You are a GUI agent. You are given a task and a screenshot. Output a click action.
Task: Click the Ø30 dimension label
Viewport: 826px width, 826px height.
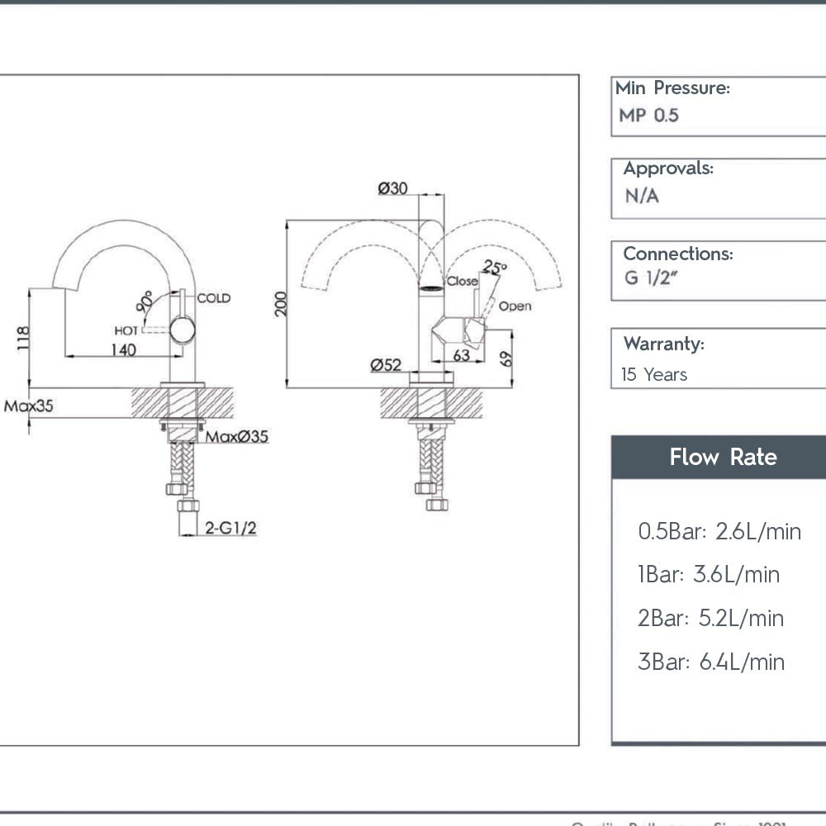coord(392,188)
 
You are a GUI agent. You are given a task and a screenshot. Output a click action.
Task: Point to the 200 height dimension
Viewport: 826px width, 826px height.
coord(281,304)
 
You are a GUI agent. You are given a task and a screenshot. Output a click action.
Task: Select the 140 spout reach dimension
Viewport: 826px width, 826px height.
coord(121,349)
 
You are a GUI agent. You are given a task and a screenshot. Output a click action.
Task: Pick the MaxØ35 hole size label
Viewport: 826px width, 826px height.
coord(237,436)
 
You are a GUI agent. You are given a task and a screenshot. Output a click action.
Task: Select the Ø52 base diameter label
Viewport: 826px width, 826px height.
coord(386,364)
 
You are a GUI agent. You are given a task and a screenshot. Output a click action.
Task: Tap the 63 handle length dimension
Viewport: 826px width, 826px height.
coord(461,356)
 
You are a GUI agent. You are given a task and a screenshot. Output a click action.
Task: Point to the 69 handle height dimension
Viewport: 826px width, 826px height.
coord(506,358)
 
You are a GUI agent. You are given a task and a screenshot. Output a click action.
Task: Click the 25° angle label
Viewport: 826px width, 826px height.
coord(494,267)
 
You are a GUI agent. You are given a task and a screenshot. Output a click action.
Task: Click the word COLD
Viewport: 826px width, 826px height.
coord(213,298)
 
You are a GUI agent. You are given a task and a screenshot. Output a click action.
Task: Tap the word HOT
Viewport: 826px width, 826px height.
coord(126,330)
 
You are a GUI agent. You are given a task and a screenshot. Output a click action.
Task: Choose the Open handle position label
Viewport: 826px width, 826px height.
coord(515,306)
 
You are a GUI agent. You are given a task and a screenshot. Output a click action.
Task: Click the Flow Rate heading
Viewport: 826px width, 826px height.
coord(723,457)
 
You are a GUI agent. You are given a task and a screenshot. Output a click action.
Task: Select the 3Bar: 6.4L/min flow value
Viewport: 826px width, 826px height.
coord(710,662)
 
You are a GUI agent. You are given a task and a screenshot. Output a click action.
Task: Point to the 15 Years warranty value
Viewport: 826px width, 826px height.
coord(654,375)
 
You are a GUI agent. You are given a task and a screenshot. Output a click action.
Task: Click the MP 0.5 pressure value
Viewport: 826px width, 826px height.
coord(648,116)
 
